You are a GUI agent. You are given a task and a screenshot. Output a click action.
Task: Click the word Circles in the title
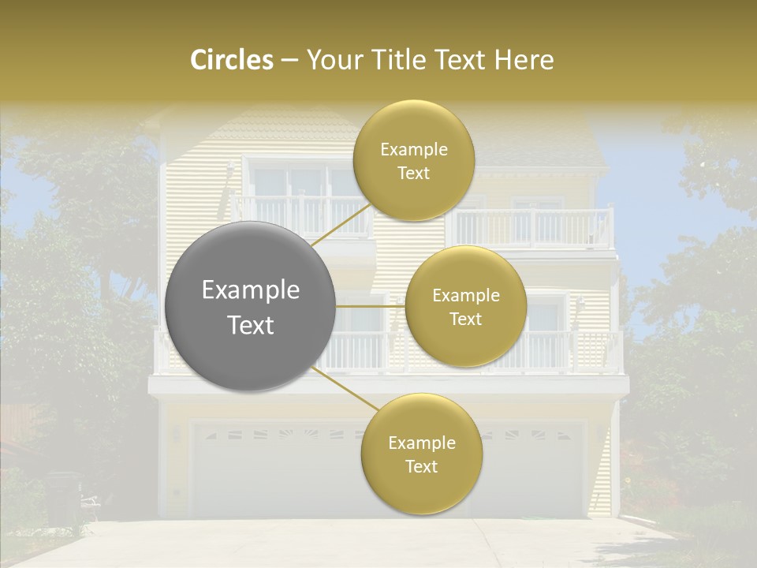click(x=231, y=60)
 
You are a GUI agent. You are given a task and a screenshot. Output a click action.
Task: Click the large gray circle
click(x=250, y=307)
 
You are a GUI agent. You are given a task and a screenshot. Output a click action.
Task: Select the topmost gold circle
click(x=413, y=160)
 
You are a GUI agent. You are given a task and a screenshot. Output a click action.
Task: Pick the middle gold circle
click(x=465, y=307)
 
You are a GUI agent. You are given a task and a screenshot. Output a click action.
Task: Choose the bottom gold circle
click(x=421, y=454)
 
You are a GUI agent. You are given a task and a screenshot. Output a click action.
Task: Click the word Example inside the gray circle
click(x=250, y=290)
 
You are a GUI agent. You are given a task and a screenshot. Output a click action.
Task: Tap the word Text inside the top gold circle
click(x=413, y=174)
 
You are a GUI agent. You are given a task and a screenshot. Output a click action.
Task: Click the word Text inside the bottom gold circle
click(x=421, y=466)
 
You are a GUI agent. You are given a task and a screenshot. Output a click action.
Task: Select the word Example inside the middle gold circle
click(x=465, y=296)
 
